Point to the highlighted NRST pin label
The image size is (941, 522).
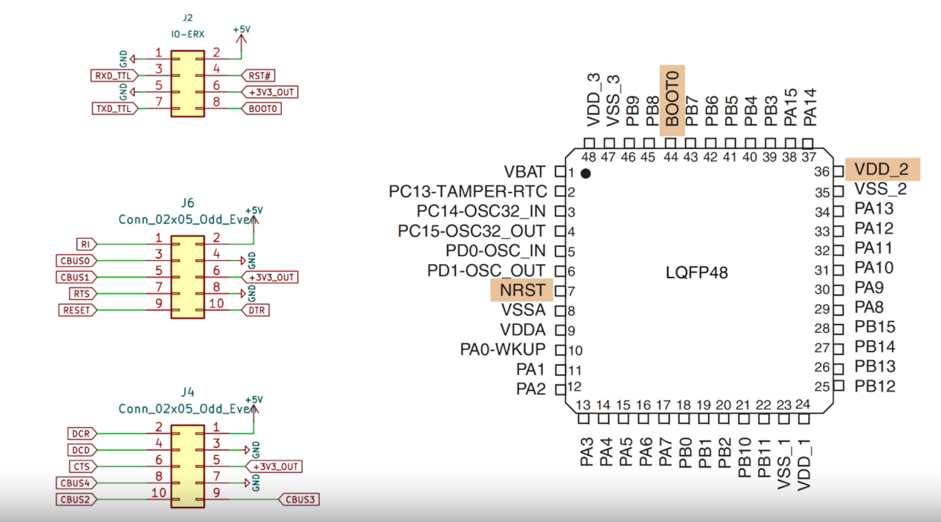(523, 290)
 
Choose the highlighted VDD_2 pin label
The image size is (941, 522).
(881, 169)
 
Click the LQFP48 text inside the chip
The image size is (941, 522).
(696, 273)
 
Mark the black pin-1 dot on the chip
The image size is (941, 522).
(586, 174)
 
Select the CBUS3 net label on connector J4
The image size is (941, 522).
(300, 499)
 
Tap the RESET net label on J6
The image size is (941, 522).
(77, 310)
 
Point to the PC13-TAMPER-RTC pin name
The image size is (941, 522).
(467, 192)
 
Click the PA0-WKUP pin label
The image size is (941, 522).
(503, 349)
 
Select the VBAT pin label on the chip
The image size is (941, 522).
(524, 172)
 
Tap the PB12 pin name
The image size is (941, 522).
(874, 386)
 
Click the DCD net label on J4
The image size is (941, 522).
(82, 450)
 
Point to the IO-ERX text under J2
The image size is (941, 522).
(187, 35)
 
